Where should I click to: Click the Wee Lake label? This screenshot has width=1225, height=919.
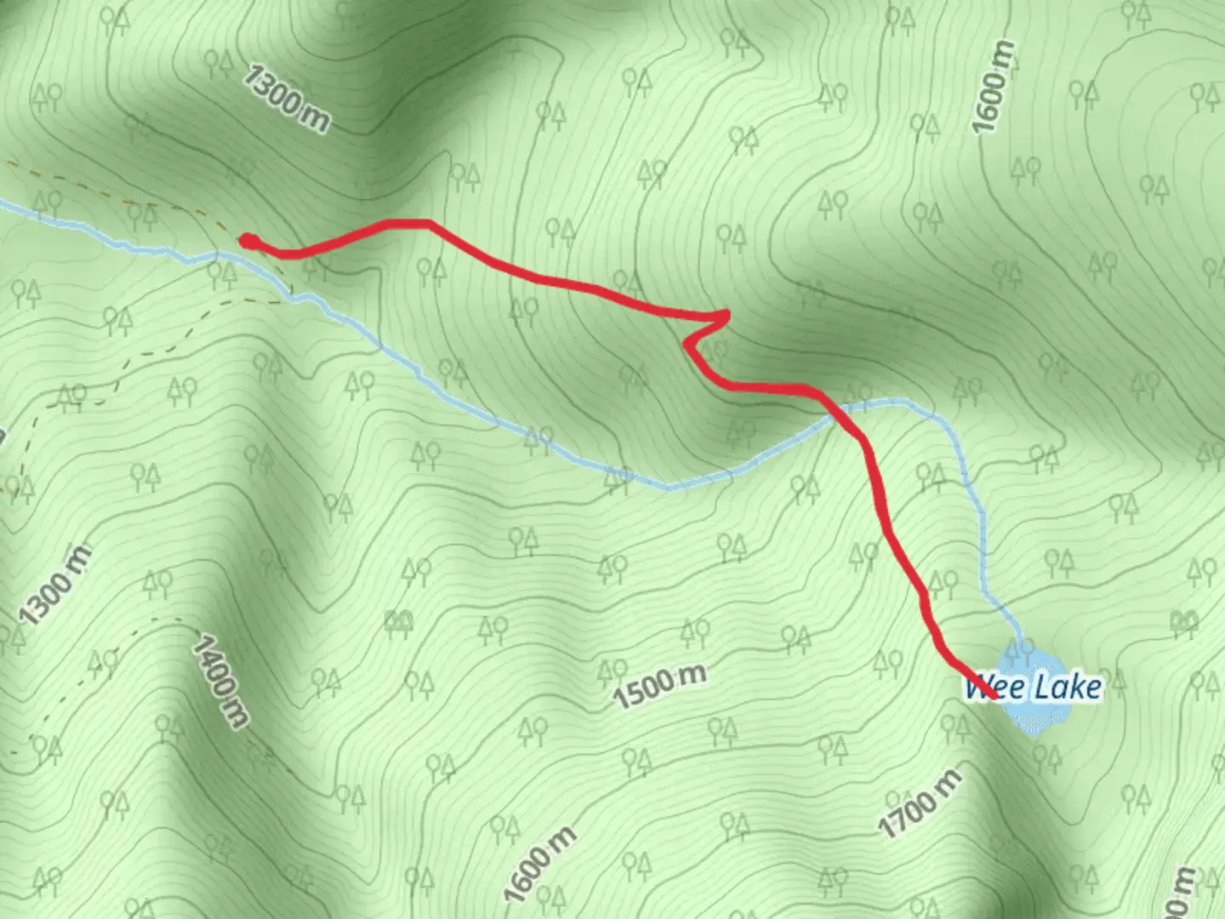1033,686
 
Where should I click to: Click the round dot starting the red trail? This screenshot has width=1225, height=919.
247,241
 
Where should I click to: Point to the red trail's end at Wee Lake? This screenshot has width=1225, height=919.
993,697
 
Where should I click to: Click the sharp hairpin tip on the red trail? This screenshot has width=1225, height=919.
727,315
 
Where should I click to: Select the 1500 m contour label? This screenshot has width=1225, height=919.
660,686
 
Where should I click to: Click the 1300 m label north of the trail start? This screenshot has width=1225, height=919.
285,97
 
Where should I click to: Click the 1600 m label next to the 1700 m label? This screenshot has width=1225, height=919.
539,863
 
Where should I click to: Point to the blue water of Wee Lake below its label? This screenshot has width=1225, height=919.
1034,716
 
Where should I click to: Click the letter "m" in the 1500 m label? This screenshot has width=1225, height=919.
692,675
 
